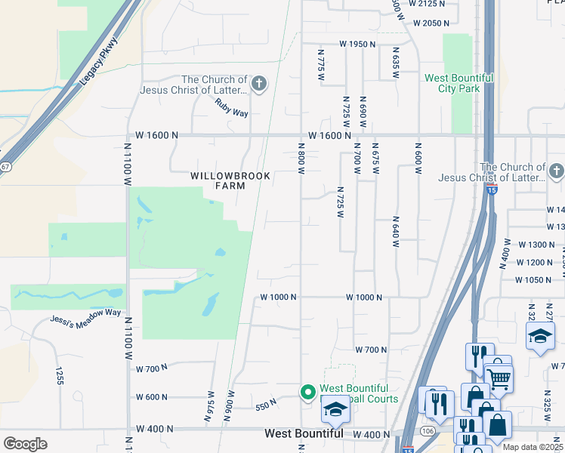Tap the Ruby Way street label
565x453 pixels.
231,108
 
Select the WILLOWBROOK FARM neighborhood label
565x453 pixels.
218,180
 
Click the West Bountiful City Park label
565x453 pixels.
458,83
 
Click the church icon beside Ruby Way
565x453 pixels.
259,83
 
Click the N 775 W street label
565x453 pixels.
322,66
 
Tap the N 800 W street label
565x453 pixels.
301,159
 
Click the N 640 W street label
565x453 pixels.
395,232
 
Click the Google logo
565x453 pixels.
25,444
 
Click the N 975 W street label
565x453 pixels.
211,405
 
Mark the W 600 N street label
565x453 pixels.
152,397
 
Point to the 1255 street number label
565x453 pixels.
57,375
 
